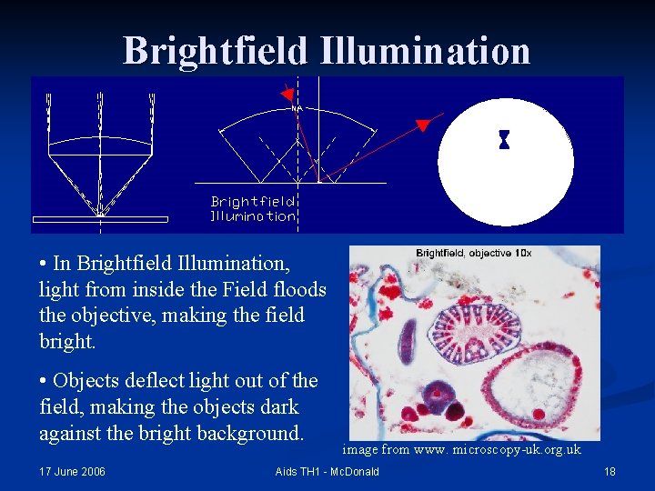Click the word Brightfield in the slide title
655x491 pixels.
[x=216, y=51]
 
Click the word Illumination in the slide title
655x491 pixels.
[x=425, y=51]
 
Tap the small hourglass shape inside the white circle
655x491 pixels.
[x=504, y=140]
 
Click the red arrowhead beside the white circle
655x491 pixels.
[x=422, y=125]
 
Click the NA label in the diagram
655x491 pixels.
[x=297, y=108]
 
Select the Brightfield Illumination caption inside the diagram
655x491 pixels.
[x=253, y=209]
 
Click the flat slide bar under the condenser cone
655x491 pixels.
[x=100, y=219]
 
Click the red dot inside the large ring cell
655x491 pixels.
[x=538, y=415]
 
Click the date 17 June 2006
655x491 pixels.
[x=72, y=471]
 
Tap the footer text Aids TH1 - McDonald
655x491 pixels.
[x=327, y=471]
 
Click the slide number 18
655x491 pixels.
[x=610, y=471]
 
